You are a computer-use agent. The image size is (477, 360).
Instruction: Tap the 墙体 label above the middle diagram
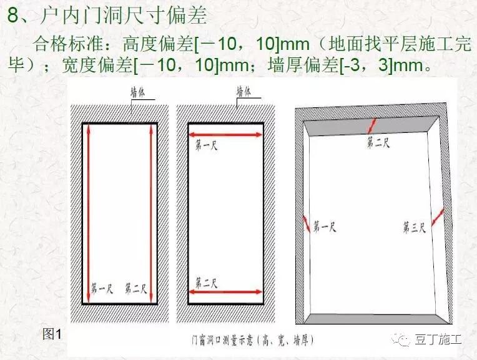pyautogui.click(x=244, y=91)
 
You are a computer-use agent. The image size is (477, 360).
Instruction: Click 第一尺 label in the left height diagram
pyautogui.click(x=102, y=289)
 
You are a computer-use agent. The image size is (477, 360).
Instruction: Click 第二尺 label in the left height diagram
pyautogui.click(x=135, y=289)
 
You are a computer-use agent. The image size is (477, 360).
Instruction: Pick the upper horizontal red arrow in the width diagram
pyautogui.click(x=225, y=134)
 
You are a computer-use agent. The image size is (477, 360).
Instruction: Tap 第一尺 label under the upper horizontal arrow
pyautogui.click(x=207, y=146)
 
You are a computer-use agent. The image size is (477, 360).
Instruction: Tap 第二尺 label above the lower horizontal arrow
pyautogui.click(x=207, y=283)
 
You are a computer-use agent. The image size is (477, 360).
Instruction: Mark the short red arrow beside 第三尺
pyautogui.click(x=438, y=215)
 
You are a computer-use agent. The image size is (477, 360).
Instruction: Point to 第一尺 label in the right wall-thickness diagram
pyautogui.click(x=325, y=226)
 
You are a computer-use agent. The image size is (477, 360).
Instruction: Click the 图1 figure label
pyautogui.click(x=52, y=334)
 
